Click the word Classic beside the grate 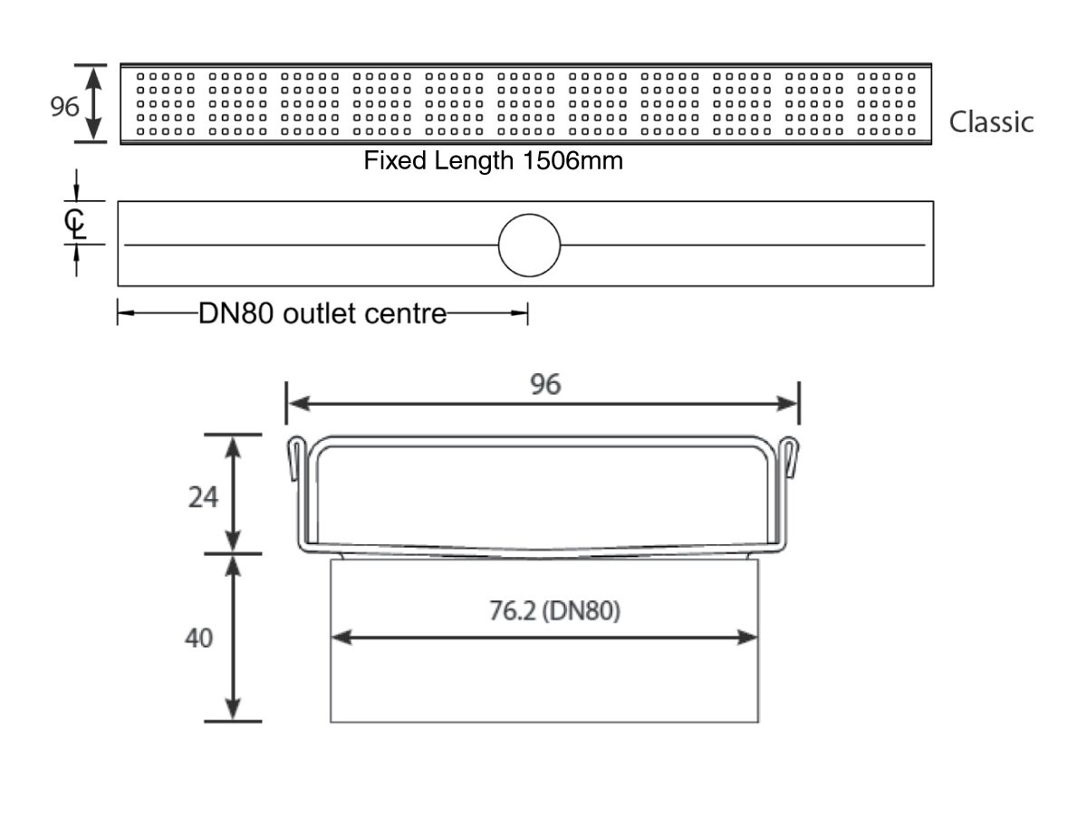[991, 121]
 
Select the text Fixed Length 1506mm [494, 160]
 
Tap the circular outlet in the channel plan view [529, 244]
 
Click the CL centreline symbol [75, 224]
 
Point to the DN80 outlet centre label [322, 313]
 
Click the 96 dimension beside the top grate [64, 106]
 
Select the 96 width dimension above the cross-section [545, 385]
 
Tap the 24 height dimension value [203, 497]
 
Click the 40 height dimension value [199, 638]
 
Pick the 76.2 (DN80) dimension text [554, 610]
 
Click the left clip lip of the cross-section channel [294, 458]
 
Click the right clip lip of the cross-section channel [791, 457]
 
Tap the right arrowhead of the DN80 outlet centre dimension [519, 312]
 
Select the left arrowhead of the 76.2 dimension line [341, 638]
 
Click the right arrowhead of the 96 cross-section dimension [787, 404]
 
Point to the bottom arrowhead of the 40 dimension [233, 710]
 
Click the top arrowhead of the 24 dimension [233, 446]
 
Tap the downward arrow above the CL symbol [76, 193]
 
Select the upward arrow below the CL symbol [76, 254]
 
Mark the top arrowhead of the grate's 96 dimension [93, 78]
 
